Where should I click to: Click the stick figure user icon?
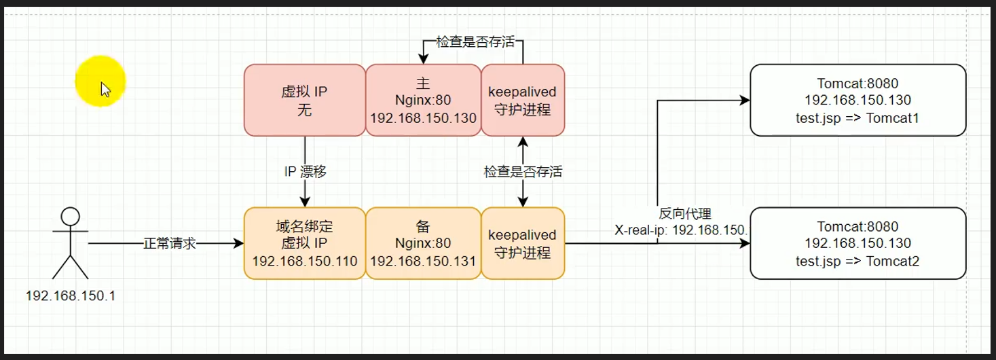[70, 243]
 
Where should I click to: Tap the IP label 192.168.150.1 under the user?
[70, 296]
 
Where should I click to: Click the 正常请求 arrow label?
[169, 243]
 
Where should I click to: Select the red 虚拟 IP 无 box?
[304, 101]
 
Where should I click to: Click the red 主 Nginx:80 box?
[423, 101]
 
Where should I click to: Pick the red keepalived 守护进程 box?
[523, 101]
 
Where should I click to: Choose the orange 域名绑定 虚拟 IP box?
[304, 243]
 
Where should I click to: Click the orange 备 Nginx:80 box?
[423, 243]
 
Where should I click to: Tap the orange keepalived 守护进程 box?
[523, 243]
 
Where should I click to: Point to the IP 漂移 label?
[305, 172]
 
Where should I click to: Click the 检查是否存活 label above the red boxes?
[475, 42]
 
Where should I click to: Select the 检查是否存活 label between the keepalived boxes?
[523, 172]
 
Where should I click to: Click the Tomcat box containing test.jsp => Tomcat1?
[857, 101]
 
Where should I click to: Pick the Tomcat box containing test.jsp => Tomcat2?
[857, 243]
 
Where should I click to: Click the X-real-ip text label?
[681, 230]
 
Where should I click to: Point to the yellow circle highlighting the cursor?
[100, 82]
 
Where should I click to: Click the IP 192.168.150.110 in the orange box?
[305, 261]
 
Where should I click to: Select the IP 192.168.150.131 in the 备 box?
[423, 261]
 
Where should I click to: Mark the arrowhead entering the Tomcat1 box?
[745, 101]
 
